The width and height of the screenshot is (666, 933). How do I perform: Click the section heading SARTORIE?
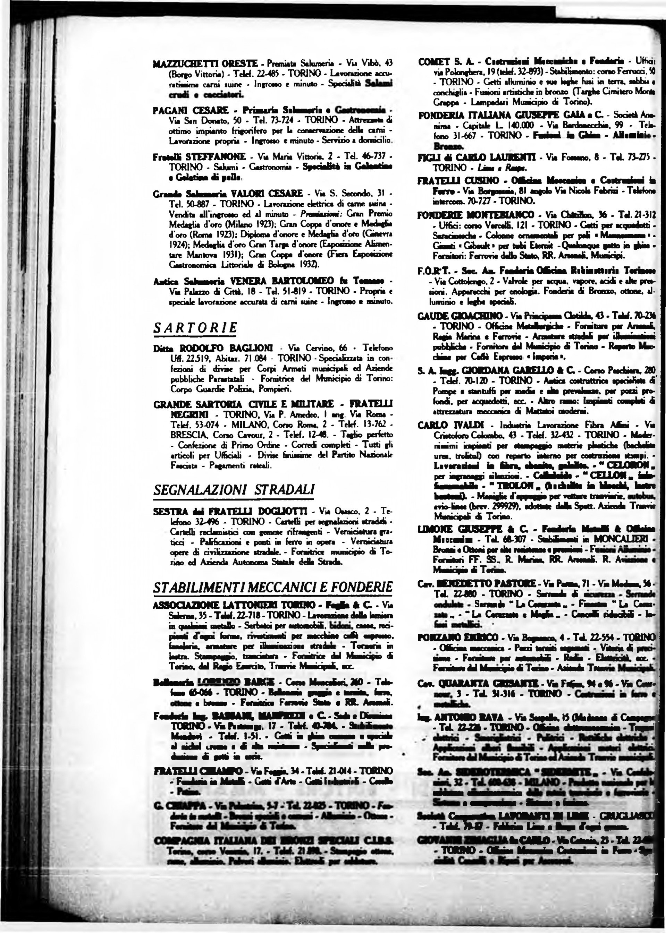[195, 328]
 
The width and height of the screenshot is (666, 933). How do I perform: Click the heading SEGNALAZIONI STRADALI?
[234, 490]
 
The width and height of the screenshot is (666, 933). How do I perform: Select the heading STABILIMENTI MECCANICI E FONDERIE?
[273, 587]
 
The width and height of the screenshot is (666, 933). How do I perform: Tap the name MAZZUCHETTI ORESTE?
[205, 63]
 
